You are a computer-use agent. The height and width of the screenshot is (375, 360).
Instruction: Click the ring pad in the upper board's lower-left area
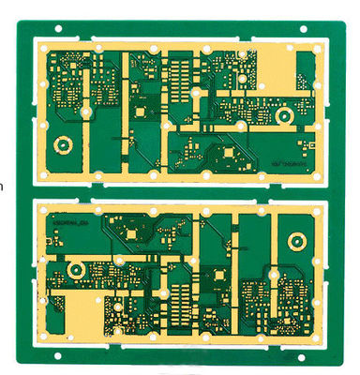click(x=63, y=145)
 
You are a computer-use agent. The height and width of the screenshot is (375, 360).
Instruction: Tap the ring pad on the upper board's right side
click(x=282, y=116)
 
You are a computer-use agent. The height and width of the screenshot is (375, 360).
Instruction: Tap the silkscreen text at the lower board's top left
click(x=70, y=223)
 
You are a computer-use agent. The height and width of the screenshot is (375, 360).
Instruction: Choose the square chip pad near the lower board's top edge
click(x=131, y=231)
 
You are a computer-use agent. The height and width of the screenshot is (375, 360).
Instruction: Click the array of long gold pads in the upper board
click(x=177, y=79)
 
